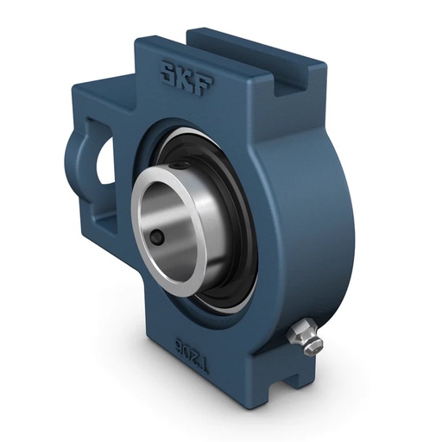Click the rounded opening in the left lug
click(x=104, y=160)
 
